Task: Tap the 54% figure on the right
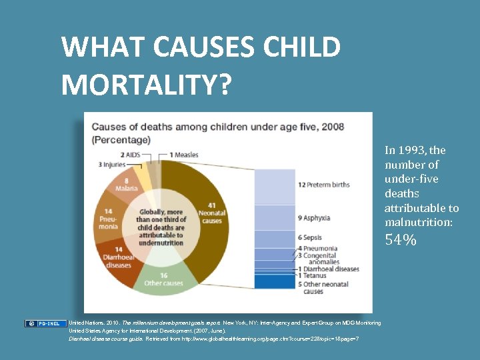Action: (401, 239)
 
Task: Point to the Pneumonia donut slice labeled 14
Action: (107, 217)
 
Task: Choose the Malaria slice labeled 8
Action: (125, 184)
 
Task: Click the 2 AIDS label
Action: (131, 155)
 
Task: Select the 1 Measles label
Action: (183, 155)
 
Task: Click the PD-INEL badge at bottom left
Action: (46, 323)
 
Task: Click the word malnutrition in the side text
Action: (418, 222)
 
